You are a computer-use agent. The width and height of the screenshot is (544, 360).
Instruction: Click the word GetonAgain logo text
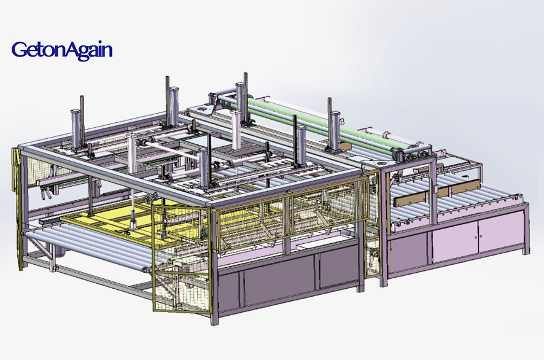[61, 49]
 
